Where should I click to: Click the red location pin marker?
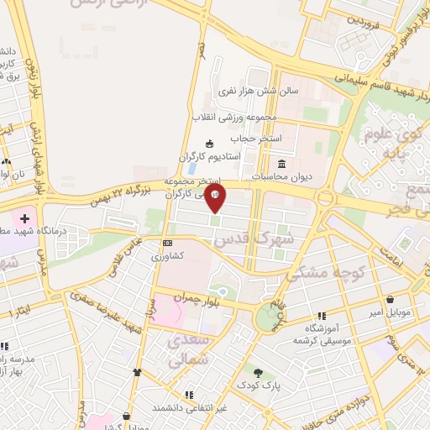[x=216, y=198]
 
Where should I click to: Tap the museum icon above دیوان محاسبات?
[x=281, y=164]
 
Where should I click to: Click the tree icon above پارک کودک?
[x=258, y=373]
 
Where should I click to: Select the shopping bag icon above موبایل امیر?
[x=391, y=299]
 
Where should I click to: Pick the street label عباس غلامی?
[x=122, y=257]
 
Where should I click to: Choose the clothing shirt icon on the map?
[x=137, y=371]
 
